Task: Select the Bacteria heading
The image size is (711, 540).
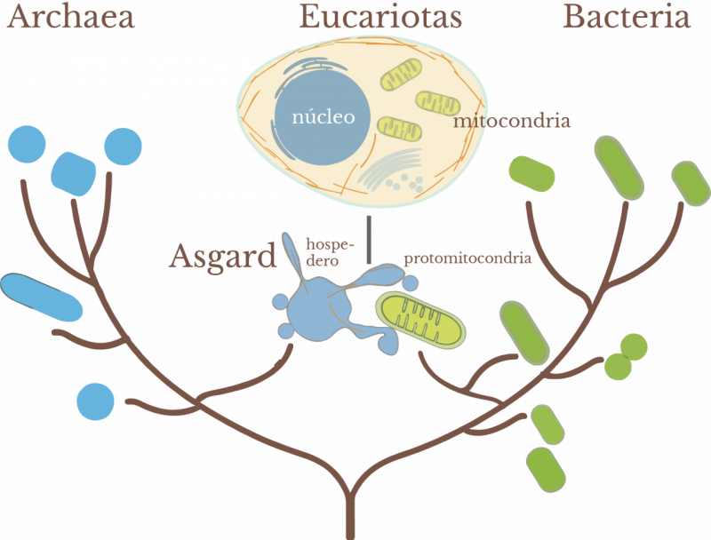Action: pyautogui.click(x=627, y=17)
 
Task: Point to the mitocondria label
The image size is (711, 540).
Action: pyautogui.click(x=510, y=120)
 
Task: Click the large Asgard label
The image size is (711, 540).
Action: pyautogui.click(x=222, y=258)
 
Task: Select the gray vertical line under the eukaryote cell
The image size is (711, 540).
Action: pyautogui.click(x=368, y=239)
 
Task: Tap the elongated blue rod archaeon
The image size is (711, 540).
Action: pyautogui.click(x=41, y=297)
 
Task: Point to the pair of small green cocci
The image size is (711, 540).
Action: pyautogui.click(x=626, y=353)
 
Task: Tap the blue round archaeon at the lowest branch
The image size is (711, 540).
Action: pyautogui.click(x=97, y=401)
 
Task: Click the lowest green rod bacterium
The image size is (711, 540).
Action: pyautogui.click(x=546, y=469)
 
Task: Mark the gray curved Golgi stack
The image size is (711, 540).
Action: pyautogui.click(x=387, y=169)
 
